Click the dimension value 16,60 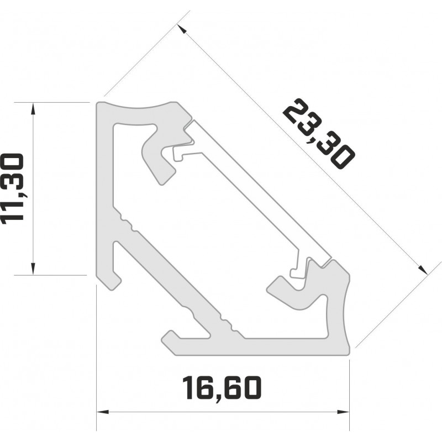click(221, 389)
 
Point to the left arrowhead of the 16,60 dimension click(103, 412)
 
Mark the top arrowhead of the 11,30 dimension click(34, 108)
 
